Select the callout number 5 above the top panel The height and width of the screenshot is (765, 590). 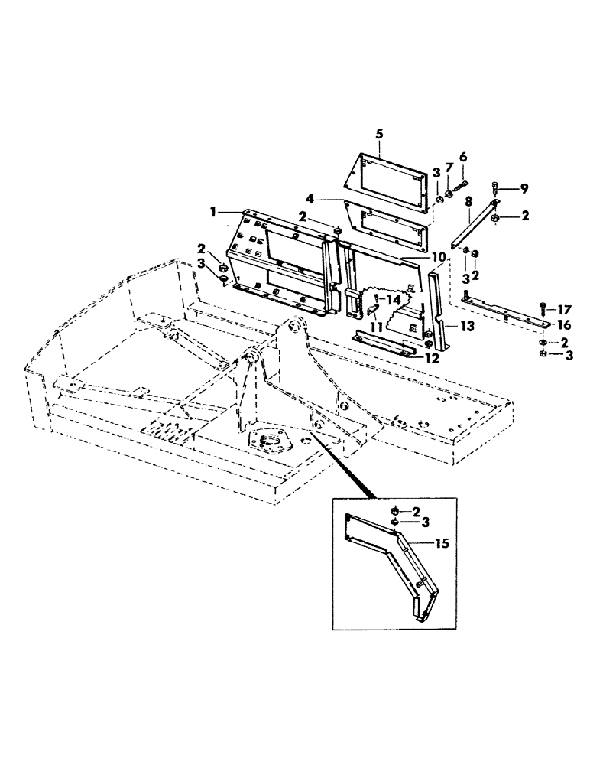click(x=380, y=133)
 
